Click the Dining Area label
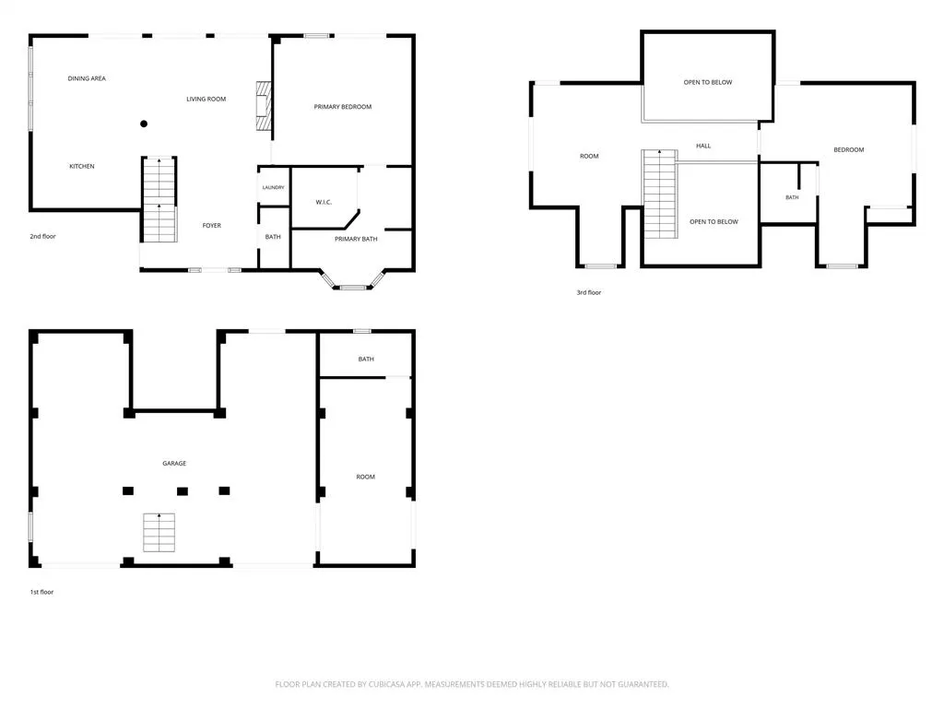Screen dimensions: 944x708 87,78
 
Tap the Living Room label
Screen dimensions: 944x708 206,99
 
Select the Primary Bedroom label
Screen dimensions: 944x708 343,107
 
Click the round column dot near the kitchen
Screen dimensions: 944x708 144,124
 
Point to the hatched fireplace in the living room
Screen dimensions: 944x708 264,106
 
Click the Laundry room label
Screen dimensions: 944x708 273,187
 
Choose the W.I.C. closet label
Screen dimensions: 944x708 324,202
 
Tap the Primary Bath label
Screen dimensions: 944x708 356,239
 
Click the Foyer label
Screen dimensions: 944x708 211,226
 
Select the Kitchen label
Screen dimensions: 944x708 82,166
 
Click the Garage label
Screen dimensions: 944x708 174,463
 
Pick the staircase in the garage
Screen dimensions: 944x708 159,532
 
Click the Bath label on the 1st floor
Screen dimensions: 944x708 366,359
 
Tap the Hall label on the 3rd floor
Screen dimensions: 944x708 703,146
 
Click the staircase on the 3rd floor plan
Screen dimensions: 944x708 660,194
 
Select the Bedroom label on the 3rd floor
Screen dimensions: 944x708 849,149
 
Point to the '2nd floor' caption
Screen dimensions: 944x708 42,237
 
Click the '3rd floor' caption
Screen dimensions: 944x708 589,292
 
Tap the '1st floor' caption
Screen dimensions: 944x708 42,592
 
